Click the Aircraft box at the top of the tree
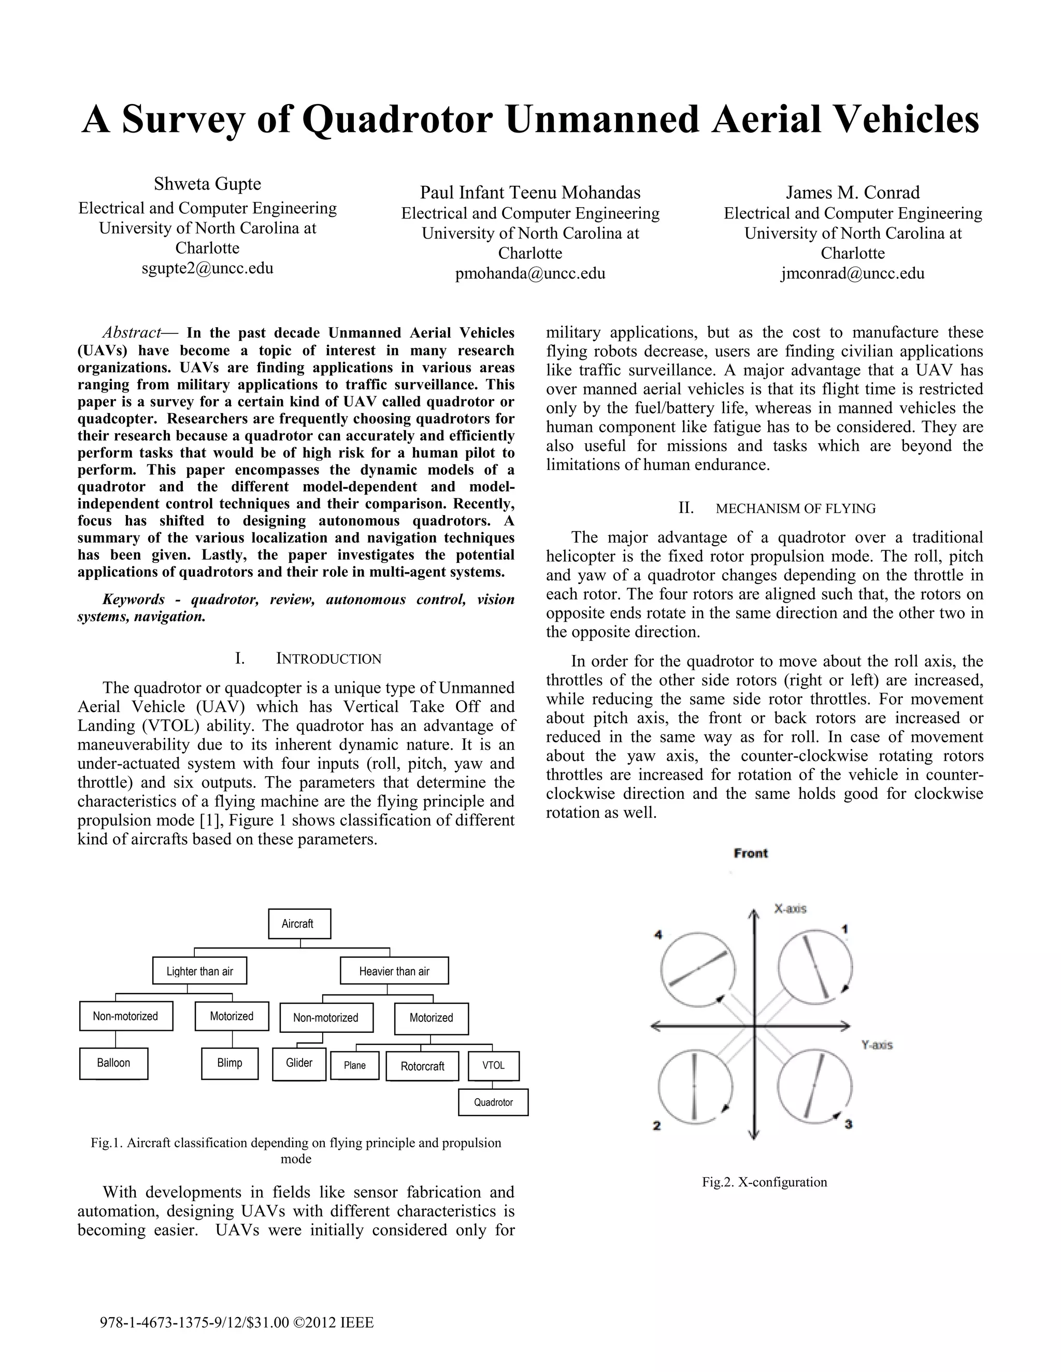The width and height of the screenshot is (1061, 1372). (299, 924)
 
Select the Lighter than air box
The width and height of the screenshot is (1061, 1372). (199, 971)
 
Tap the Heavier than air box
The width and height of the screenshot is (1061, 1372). (394, 971)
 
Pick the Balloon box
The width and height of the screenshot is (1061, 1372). (114, 1063)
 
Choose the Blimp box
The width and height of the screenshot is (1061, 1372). (230, 1063)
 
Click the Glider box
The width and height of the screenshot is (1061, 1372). (299, 1063)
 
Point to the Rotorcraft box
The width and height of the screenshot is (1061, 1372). (422, 1066)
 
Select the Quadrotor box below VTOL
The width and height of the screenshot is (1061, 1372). (493, 1102)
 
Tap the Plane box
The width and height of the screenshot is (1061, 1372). (354, 1066)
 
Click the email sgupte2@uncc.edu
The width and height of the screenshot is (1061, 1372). (207, 269)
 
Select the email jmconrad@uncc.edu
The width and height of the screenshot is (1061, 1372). (852, 274)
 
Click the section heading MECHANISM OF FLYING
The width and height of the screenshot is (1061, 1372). (795, 509)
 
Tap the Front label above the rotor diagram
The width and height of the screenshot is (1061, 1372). (751, 853)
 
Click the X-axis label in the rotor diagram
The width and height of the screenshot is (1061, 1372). (790, 909)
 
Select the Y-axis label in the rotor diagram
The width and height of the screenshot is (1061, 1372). (877, 1045)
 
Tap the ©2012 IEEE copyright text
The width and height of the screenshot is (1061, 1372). (333, 1323)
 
